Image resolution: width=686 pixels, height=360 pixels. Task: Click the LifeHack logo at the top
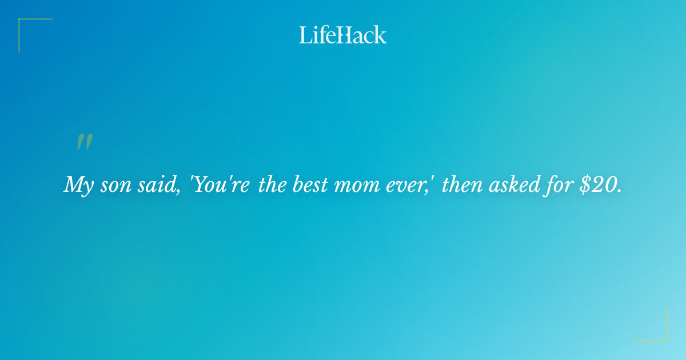[342, 35]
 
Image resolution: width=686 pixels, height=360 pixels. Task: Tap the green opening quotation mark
[84, 142]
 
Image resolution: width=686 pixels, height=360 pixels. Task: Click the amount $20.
[599, 185]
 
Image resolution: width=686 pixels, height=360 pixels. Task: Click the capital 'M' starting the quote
[73, 185]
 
